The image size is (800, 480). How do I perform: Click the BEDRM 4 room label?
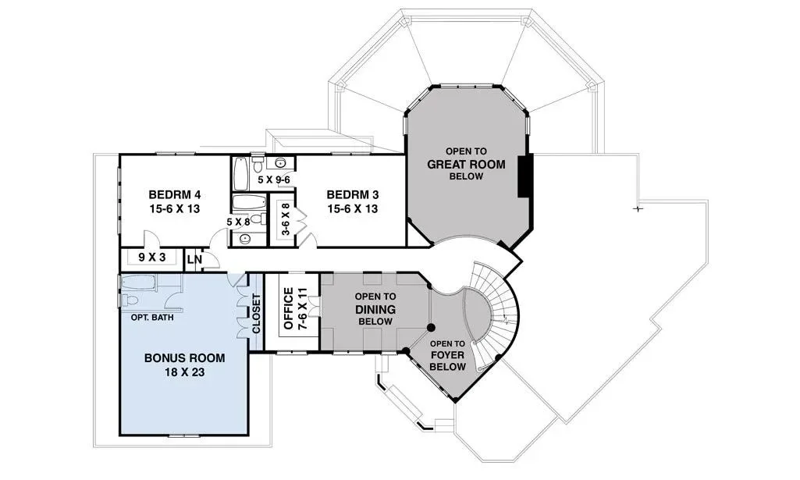[175, 194]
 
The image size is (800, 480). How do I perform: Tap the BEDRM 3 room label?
[353, 194]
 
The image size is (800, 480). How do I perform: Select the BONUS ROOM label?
[185, 357]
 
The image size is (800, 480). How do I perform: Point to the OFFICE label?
[289, 308]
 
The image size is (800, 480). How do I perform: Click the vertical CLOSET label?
[256, 313]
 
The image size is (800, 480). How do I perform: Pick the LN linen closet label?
[194, 260]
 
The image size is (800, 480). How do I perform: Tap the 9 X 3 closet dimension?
[152, 257]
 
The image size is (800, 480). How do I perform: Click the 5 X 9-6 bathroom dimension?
[274, 180]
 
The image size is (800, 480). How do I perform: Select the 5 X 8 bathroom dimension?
[239, 222]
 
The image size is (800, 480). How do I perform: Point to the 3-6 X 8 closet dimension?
[286, 219]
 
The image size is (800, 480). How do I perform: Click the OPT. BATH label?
[152, 318]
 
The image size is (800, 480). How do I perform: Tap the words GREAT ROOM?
[466, 164]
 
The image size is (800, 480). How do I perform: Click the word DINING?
[375, 310]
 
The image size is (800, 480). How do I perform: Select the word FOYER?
[447, 355]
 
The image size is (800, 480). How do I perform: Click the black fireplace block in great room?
[525, 176]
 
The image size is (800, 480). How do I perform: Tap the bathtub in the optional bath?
[137, 282]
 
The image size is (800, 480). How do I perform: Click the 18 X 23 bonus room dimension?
[185, 372]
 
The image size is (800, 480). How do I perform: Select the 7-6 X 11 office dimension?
[303, 308]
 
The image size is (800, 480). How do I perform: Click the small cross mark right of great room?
[637, 208]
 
